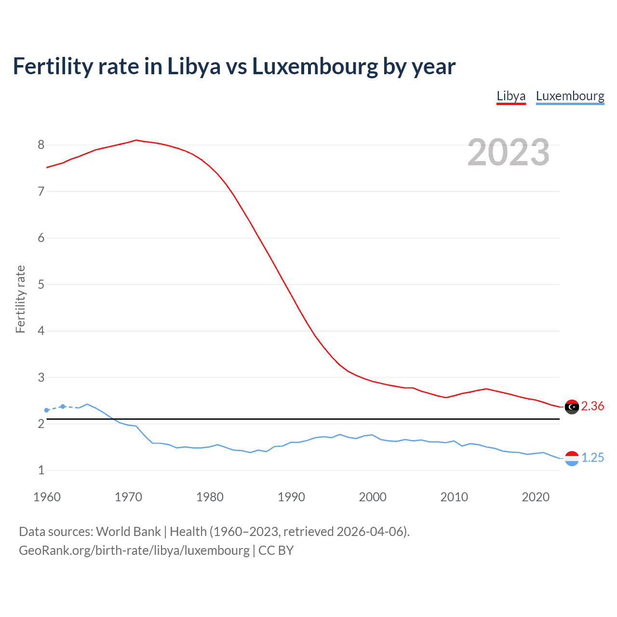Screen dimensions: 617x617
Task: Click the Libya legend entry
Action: point(511,96)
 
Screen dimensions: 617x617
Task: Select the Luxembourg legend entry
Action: point(570,96)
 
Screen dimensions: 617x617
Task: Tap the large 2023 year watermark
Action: point(508,152)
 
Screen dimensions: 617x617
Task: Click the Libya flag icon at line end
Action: point(572,407)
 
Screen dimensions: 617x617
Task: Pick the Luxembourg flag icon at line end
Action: point(572,458)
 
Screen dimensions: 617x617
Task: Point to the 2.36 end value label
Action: point(592,406)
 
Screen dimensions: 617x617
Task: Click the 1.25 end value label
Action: point(592,458)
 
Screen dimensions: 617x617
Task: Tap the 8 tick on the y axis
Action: point(41,145)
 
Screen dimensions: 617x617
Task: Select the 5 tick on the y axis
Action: point(41,284)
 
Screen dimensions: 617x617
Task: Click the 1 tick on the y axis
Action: point(41,470)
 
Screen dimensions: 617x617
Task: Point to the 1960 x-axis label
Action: point(47,497)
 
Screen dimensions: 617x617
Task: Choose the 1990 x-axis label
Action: point(291,497)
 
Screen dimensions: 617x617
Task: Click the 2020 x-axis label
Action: point(536,497)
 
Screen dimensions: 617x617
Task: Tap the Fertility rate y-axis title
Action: point(20,299)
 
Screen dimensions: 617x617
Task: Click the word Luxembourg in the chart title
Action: point(315,67)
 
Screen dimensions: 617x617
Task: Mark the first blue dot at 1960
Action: point(46,410)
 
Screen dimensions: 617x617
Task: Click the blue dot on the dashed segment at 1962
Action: point(63,406)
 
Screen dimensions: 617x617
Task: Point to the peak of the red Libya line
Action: point(136,140)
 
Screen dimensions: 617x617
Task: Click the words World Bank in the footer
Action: point(128,532)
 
